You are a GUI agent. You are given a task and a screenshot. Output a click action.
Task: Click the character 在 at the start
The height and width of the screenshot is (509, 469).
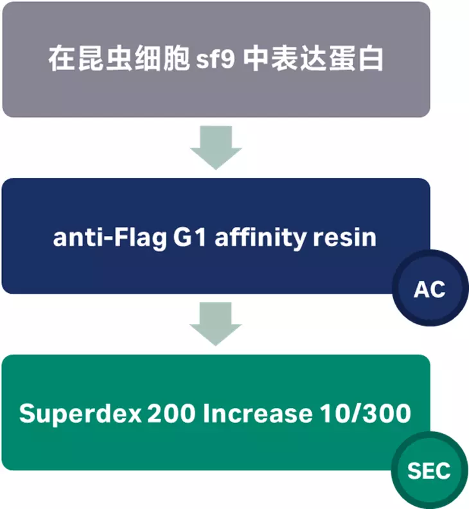click(x=60, y=59)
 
